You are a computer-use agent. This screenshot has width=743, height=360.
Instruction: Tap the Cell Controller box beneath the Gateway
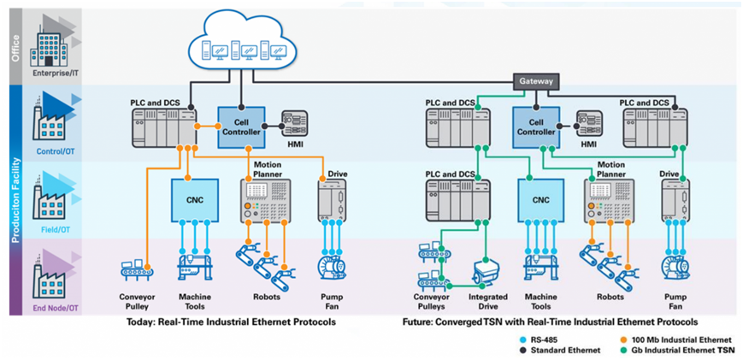coord(537,126)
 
